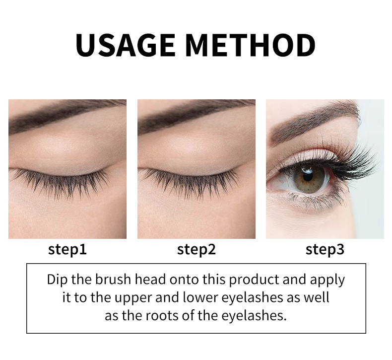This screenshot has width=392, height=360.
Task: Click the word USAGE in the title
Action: (125, 45)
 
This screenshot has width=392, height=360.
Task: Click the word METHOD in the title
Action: (251, 45)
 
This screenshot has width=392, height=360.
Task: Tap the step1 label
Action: (67, 249)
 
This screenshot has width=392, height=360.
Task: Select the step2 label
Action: (196, 249)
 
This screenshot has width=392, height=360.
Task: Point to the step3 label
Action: (325, 249)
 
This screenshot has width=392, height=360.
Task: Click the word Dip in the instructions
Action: (57, 280)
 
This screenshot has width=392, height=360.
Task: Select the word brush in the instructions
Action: (113, 279)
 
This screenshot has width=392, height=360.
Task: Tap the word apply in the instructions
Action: (327, 280)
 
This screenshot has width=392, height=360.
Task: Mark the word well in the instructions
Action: (317, 297)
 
